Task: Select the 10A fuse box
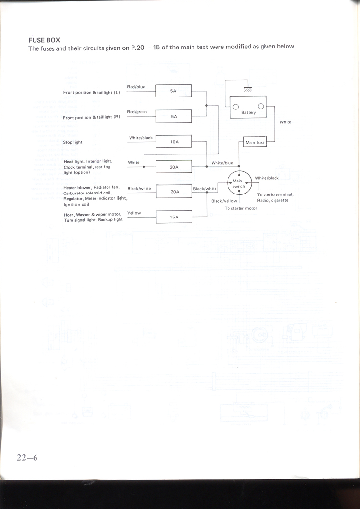tap(173, 141)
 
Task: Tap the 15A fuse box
tap(173, 217)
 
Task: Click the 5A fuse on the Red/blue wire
tap(173, 90)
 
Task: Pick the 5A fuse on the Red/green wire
tap(173, 116)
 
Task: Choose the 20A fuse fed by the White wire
tap(173, 167)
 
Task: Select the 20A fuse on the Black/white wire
tap(173, 192)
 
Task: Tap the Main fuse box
tap(255, 142)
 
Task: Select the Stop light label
tap(72, 142)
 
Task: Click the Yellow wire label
tap(134, 213)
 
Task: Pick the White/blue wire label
tap(222, 163)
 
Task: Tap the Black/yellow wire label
tap(224, 201)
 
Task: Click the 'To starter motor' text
tap(241, 208)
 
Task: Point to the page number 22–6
tap(27, 458)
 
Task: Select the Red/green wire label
tap(137, 112)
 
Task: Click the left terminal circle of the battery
tap(236, 107)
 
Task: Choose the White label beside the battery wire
tap(285, 122)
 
